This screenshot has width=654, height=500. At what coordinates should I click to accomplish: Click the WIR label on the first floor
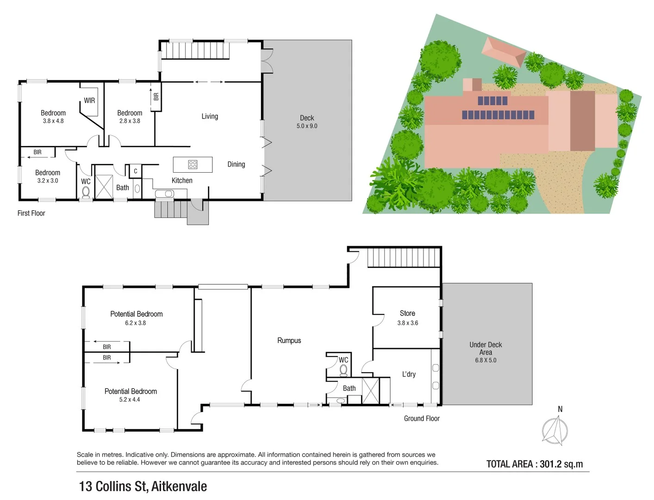click(x=89, y=100)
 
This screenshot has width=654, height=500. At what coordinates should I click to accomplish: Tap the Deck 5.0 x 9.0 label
click(x=307, y=122)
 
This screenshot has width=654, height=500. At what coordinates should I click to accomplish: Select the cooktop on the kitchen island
click(x=193, y=164)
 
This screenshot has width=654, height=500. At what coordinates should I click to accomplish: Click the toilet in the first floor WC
click(x=86, y=192)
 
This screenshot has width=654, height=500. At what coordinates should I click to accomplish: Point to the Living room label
click(x=210, y=116)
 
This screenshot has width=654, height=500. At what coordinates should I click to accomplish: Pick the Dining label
click(x=236, y=164)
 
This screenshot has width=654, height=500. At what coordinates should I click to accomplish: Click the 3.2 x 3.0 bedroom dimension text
click(x=48, y=181)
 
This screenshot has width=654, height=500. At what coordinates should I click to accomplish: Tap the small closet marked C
click(x=135, y=171)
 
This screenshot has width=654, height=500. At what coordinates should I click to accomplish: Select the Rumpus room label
click(x=289, y=340)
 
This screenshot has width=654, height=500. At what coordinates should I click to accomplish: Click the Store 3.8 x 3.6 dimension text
click(x=407, y=323)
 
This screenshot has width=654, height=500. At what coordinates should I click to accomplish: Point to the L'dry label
click(x=409, y=374)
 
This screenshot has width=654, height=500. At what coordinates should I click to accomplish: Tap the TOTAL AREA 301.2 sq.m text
click(x=534, y=464)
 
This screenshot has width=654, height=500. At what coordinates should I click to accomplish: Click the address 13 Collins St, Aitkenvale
click(x=143, y=487)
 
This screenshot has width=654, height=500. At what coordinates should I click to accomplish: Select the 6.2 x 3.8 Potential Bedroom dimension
click(x=135, y=323)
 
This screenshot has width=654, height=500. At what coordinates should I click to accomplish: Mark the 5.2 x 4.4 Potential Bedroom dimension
click(x=130, y=400)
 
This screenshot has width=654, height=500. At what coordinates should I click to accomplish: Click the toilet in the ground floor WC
click(x=343, y=370)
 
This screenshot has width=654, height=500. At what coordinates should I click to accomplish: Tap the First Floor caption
click(x=31, y=213)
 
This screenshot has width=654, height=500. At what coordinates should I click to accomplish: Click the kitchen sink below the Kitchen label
click(x=164, y=194)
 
